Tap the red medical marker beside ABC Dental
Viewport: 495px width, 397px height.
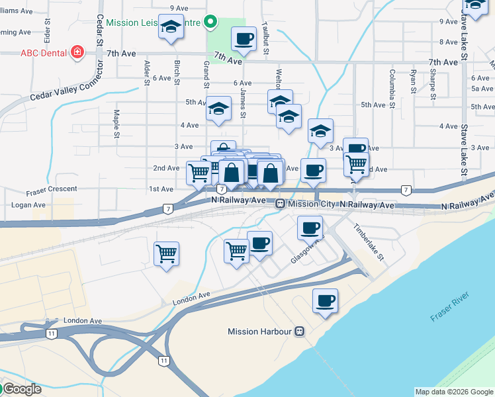[77, 52]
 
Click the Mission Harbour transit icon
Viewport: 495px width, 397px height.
[300, 331]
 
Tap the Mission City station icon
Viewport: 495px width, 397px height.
[281, 204]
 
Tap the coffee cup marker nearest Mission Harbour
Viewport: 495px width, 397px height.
[325, 301]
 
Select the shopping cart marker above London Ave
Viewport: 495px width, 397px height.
[166, 253]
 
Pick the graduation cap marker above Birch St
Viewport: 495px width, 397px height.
[171, 28]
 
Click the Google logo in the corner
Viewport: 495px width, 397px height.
[21, 389]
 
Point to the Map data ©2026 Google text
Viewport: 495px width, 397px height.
[454, 392]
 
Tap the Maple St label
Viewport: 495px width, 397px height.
[116, 120]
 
